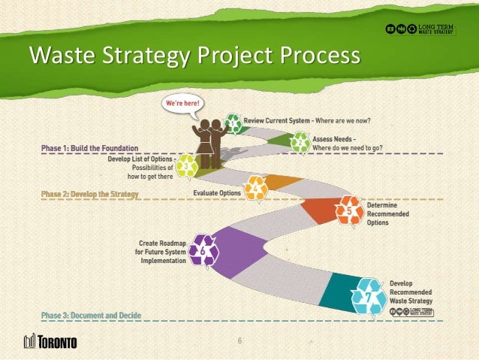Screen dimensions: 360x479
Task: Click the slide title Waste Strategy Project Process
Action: point(194,57)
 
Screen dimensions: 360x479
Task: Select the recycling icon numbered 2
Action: point(301,142)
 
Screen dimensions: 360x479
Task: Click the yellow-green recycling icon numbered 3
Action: point(186,166)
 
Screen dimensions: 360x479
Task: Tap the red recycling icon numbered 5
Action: point(350,210)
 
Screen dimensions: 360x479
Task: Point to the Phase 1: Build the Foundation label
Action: point(89,148)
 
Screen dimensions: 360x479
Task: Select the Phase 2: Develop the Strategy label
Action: point(90,194)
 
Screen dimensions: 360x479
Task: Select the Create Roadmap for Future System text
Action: point(161,252)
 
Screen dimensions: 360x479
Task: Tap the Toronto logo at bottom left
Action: point(50,342)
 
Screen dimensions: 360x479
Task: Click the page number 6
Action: point(239,342)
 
